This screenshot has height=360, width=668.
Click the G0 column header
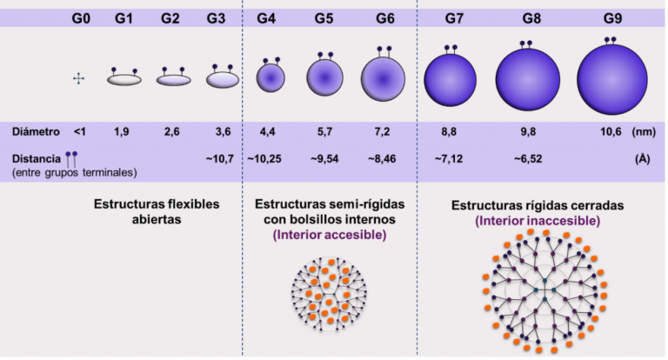click(x=81, y=17)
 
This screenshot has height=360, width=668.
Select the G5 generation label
click(x=324, y=17)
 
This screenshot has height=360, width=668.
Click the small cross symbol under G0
click(x=79, y=79)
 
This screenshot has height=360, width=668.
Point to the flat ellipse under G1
click(x=124, y=79)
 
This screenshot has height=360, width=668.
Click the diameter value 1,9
click(x=122, y=132)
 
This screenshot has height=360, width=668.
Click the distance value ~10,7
click(x=217, y=159)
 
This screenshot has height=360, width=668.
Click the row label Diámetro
click(x=37, y=132)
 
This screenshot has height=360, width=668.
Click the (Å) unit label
click(x=643, y=159)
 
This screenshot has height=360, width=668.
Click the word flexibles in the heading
click(x=184, y=204)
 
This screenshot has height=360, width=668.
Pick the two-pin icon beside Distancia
click(x=70, y=159)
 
